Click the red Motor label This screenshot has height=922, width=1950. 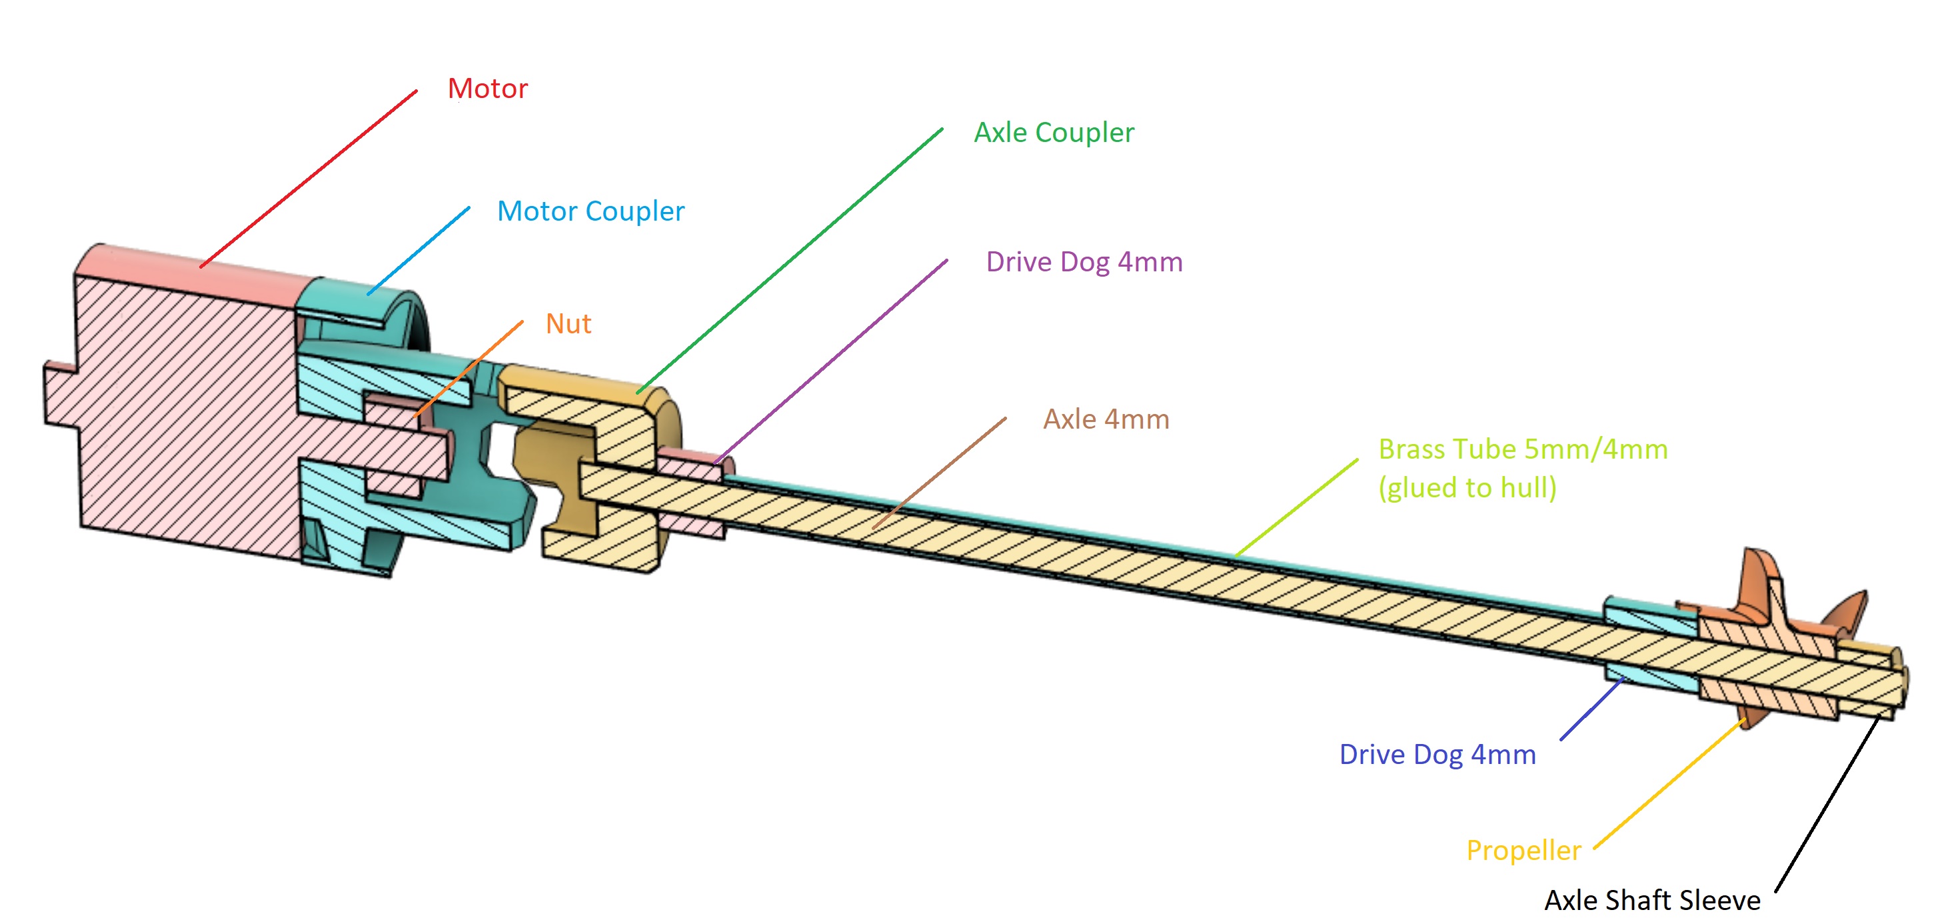(x=488, y=89)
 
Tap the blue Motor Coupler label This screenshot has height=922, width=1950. (x=590, y=211)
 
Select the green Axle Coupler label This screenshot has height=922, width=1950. (x=1054, y=133)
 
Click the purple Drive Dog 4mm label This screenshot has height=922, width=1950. (x=1084, y=262)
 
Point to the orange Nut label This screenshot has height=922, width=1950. (x=568, y=324)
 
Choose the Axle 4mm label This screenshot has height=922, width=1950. (x=1106, y=419)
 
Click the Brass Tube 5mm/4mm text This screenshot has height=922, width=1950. (x=1523, y=449)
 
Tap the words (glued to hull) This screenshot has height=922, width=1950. (x=1467, y=487)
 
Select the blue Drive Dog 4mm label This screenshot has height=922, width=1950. (x=1438, y=755)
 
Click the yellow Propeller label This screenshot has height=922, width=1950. (x=1524, y=851)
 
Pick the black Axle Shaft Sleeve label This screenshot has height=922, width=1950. (x=1653, y=900)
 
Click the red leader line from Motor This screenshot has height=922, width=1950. (x=309, y=179)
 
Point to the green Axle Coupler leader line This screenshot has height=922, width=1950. (x=790, y=261)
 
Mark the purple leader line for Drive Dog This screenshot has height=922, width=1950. (x=830, y=361)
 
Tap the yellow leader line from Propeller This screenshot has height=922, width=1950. (x=1670, y=784)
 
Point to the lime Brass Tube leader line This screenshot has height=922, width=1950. (x=1297, y=507)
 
